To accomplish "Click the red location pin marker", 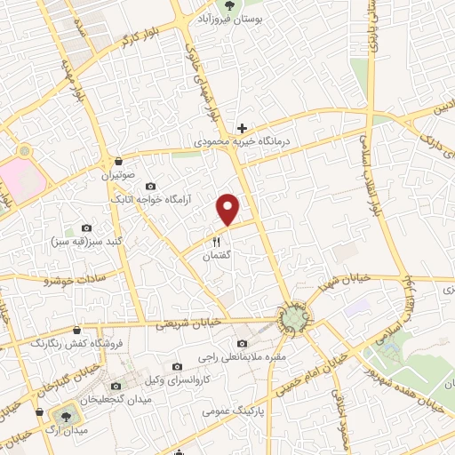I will click(229, 208).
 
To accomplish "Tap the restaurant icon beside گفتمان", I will click(216, 242).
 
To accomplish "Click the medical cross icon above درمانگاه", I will click(240, 128).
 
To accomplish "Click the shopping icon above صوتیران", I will click(118, 162).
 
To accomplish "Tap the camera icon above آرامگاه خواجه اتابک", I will click(149, 187).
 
